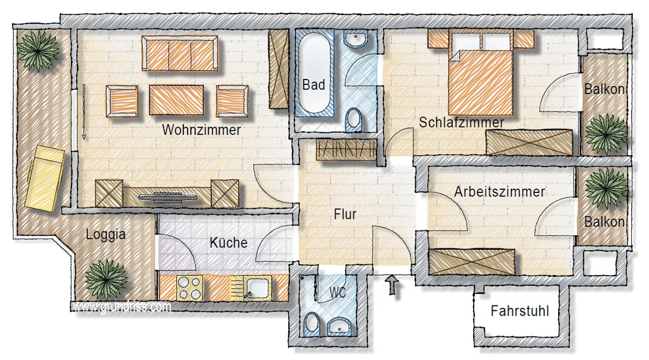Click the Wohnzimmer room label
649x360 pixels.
tap(201, 130)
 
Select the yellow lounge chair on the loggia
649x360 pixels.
tap(45, 178)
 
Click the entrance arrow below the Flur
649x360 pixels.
tap(392, 285)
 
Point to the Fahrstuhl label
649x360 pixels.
tap(520, 311)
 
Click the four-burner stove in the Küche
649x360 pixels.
tap(190, 288)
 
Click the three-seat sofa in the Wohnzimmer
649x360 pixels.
tap(180, 54)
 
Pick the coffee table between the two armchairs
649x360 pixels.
tap(176, 100)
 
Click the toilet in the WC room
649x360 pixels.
tap(312, 325)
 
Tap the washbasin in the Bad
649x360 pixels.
tap(355, 38)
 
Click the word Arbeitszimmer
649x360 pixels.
tap(500, 192)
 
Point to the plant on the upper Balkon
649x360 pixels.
tap(606, 134)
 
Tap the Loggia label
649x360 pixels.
tap(106, 235)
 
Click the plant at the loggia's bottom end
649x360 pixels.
tap(107, 279)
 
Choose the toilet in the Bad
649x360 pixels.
tap(354, 119)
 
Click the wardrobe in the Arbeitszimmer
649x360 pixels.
tap(472, 262)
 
